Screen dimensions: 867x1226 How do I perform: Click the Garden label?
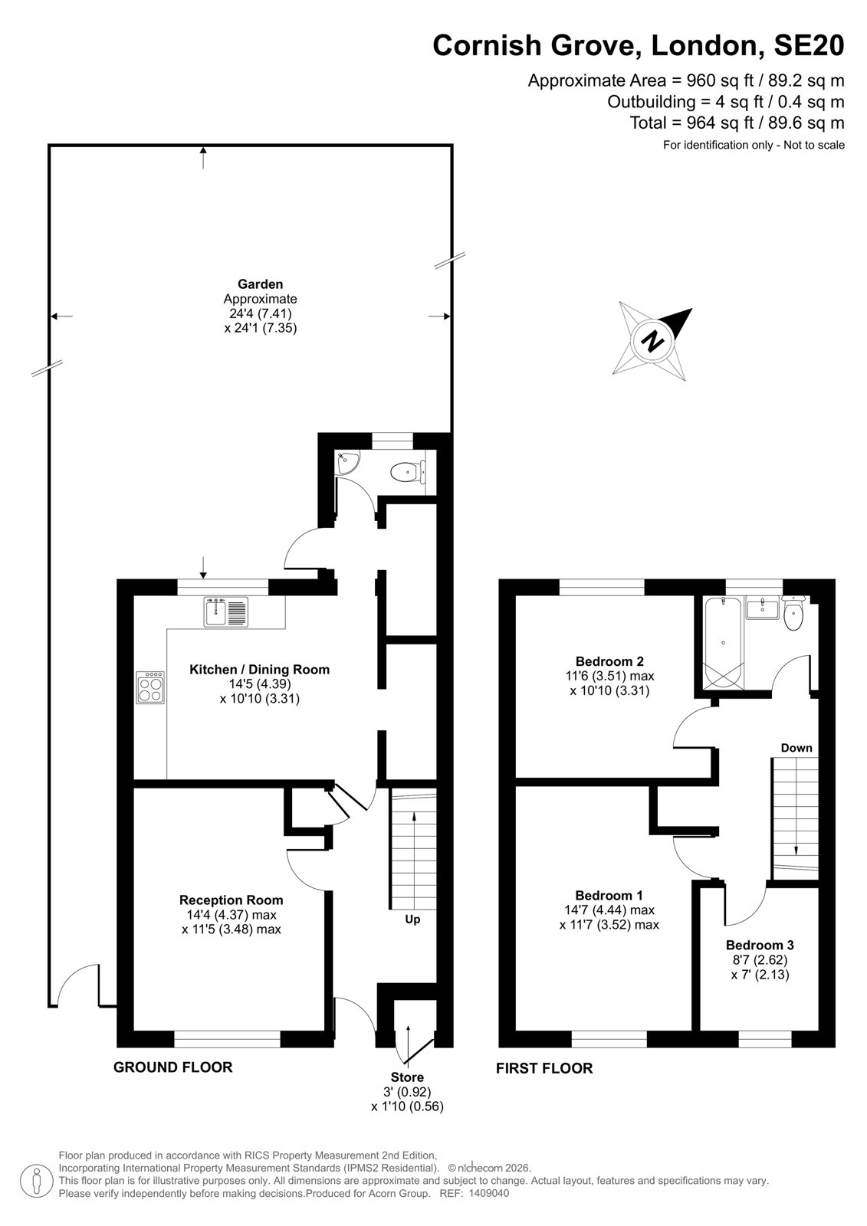[x=260, y=284]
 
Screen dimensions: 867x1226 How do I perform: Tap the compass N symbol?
[x=652, y=342]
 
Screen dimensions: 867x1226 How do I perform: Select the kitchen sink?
[x=225, y=611]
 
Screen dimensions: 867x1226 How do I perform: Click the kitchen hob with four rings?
[x=150, y=687]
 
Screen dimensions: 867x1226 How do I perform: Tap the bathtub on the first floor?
[x=723, y=643]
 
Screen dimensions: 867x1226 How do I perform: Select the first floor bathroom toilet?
[x=793, y=614]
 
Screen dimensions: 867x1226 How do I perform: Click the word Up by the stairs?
[x=412, y=919]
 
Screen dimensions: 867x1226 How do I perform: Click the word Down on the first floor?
[x=796, y=748]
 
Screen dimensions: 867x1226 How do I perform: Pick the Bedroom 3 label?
[x=760, y=945]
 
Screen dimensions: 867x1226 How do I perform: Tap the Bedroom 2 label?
[x=609, y=661]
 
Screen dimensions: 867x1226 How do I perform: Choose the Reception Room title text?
[x=232, y=900]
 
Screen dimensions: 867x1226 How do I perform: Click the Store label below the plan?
[x=407, y=1077]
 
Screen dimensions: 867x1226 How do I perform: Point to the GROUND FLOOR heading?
[x=173, y=1067]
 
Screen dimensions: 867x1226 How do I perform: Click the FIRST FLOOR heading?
[x=544, y=1068]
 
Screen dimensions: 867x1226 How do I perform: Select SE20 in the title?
[x=809, y=45]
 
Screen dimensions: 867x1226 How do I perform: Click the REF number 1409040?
[x=489, y=1193]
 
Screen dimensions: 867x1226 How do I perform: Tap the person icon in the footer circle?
[x=36, y=1181]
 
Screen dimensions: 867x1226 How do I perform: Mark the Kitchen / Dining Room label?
[x=260, y=669]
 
